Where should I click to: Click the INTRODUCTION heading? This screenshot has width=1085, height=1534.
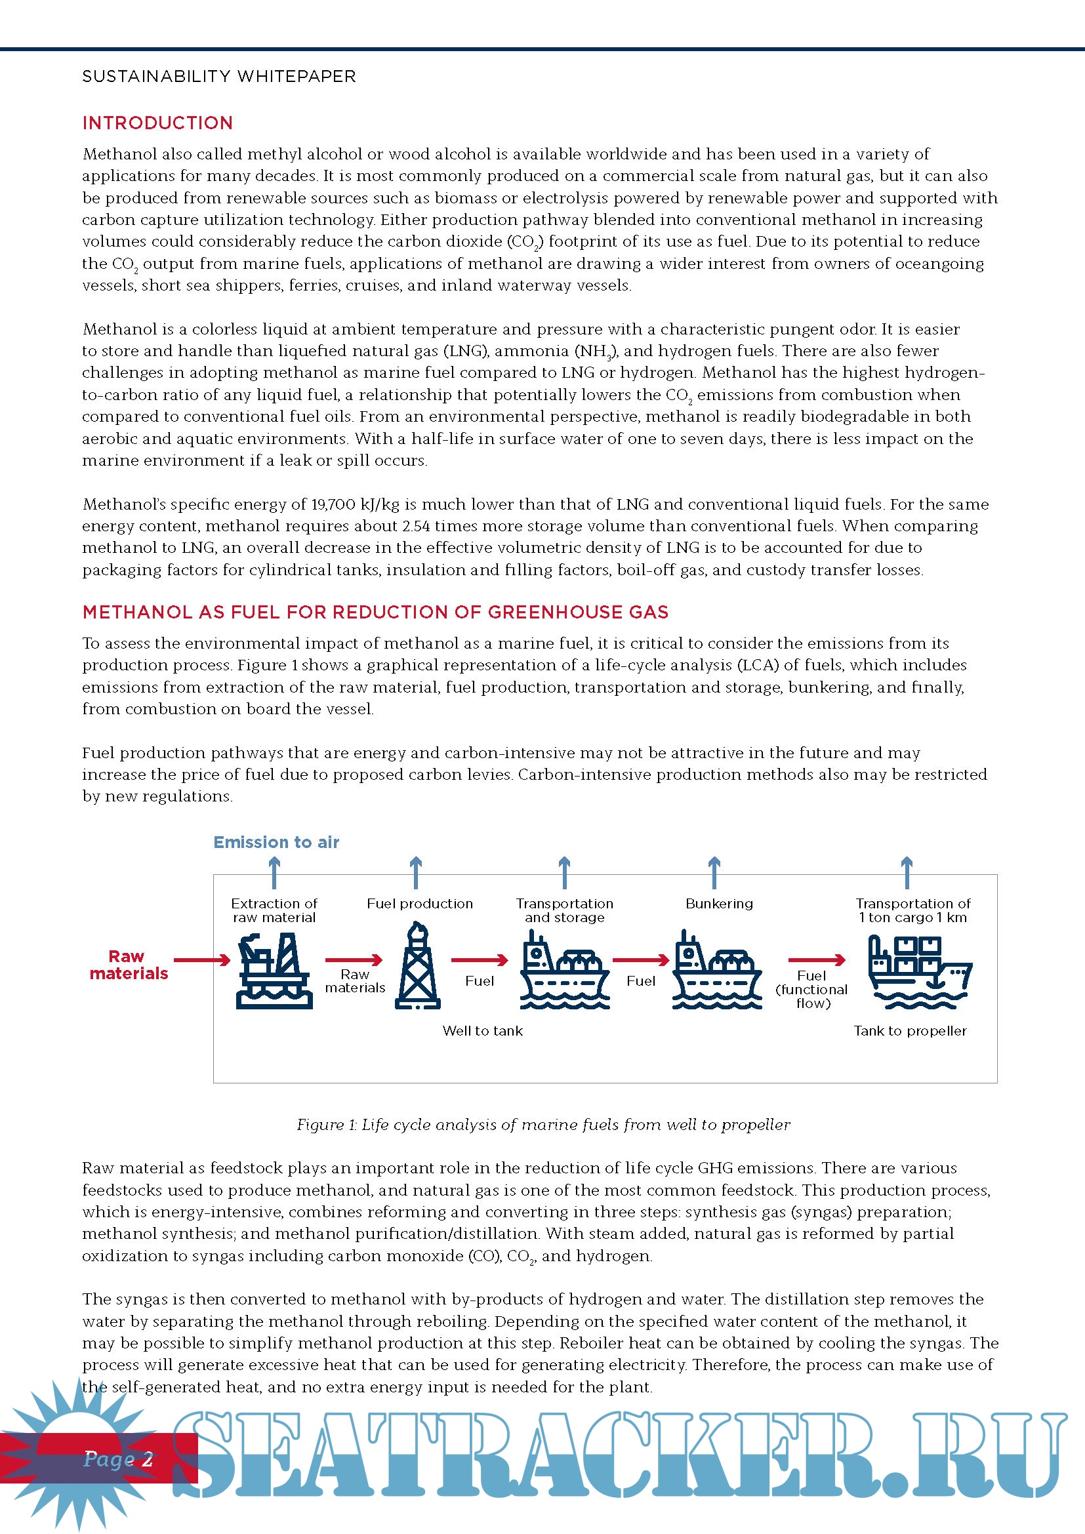[157, 123]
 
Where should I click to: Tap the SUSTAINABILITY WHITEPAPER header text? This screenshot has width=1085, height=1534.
[218, 77]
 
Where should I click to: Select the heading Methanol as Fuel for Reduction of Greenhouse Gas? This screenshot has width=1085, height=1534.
[375, 612]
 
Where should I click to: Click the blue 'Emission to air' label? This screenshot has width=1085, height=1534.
[276, 842]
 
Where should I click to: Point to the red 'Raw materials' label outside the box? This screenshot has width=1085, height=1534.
[129, 965]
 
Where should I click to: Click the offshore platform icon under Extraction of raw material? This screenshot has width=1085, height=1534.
[274, 970]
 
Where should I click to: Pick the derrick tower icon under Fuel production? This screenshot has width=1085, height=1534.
[418, 966]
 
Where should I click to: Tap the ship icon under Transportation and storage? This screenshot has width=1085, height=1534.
[565, 970]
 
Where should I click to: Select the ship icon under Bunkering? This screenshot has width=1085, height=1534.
[717, 970]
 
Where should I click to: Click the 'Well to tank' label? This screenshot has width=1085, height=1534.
[482, 1030]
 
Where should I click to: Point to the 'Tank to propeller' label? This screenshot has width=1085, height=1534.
[910, 1030]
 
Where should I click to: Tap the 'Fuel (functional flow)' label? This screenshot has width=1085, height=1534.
[811, 989]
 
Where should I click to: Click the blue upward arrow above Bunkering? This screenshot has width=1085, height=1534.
[714, 871]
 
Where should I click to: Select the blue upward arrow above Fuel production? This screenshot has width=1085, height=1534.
[415, 871]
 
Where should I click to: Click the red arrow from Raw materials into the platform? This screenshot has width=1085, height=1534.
[202, 960]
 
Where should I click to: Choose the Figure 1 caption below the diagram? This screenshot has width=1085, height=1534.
[543, 1125]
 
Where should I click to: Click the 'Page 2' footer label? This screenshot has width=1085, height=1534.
[118, 1459]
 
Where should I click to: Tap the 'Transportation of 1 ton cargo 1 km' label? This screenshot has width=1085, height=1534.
[912, 910]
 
